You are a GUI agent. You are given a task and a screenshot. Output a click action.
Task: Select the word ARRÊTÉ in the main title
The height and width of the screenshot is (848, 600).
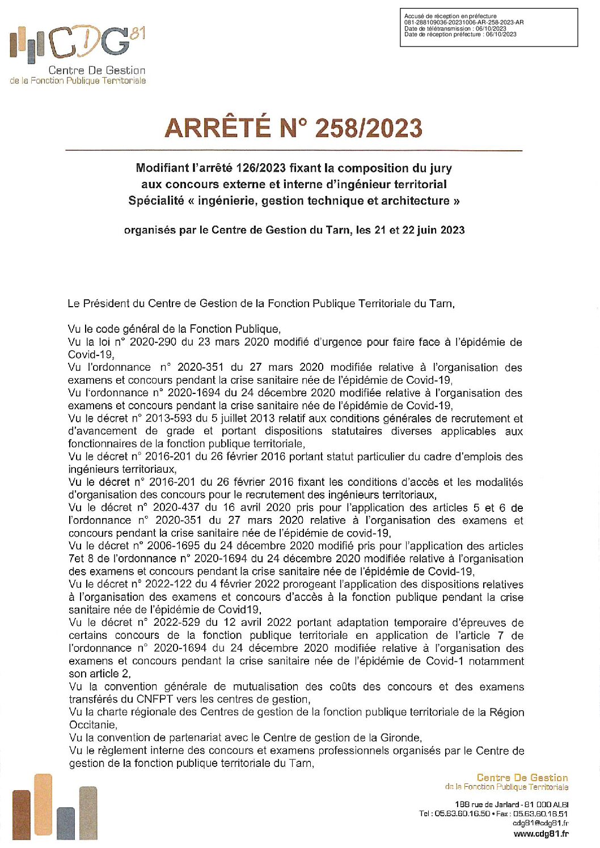point(217,128)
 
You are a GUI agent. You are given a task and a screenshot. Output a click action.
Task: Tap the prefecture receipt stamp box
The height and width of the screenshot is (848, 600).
point(488,27)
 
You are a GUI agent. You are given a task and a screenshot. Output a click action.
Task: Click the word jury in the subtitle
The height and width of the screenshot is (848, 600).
point(441,168)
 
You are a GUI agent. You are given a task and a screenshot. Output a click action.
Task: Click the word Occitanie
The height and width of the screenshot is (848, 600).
point(92,725)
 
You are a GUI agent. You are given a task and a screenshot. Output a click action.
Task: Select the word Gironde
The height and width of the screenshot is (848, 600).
point(400,737)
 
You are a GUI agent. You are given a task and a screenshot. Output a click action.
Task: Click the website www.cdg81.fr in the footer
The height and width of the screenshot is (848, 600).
point(540,833)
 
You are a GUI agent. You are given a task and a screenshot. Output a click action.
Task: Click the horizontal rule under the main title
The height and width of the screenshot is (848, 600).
point(294,151)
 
